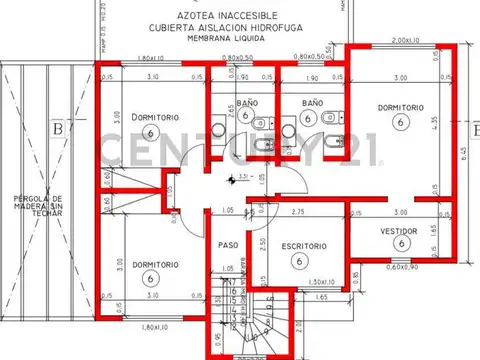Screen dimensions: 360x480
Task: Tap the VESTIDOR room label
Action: click(x=399, y=230)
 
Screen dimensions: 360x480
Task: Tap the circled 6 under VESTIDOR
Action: click(x=399, y=243)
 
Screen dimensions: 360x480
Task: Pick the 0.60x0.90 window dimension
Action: click(x=403, y=267)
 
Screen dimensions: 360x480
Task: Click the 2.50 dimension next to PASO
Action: click(x=261, y=244)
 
